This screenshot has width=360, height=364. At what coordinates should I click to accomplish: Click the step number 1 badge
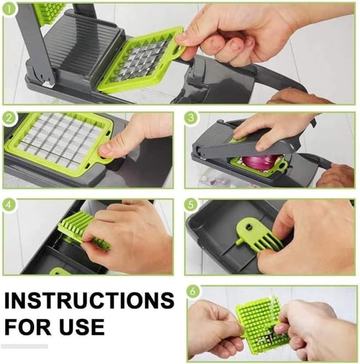click(9, 9)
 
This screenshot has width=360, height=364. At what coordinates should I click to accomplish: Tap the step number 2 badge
click(9, 118)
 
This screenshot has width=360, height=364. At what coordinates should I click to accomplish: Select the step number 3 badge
click(191, 118)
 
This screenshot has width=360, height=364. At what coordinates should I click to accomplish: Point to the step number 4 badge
click(9, 205)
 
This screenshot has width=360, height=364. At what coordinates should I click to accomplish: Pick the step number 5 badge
click(191, 205)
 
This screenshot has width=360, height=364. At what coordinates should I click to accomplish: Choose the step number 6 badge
click(193, 291)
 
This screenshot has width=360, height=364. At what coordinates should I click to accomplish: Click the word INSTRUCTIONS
click(89, 301)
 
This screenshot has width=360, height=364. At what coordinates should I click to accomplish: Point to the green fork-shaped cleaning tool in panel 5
click(257, 238)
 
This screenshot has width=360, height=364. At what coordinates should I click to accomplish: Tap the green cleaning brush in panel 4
click(80, 229)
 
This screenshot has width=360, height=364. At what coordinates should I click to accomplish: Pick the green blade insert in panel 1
click(143, 60)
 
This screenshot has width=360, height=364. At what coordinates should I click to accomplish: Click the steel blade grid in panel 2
click(60, 141)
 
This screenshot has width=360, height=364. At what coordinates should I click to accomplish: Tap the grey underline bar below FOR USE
click(24, 347)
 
